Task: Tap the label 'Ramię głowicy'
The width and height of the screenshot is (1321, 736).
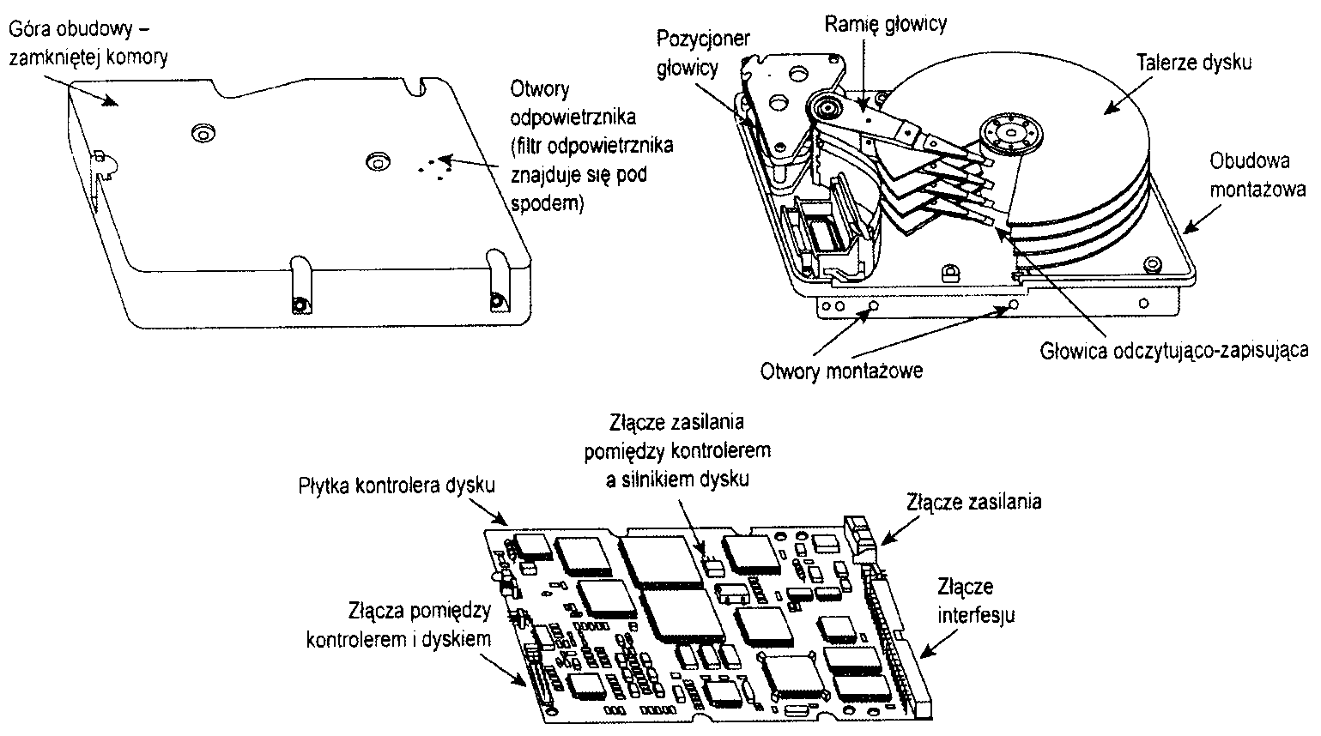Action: click(886, 23)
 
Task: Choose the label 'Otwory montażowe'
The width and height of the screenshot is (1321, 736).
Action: click(842, 371)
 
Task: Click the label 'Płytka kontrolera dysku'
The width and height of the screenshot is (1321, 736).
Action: click(397, 485)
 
